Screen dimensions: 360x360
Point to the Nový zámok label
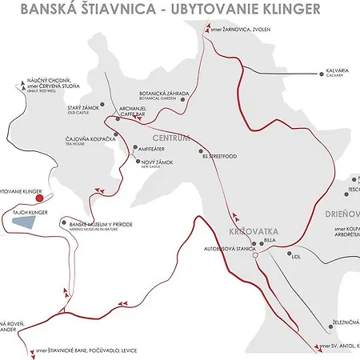coord(156,163)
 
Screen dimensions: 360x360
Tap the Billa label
coord(268,239)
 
